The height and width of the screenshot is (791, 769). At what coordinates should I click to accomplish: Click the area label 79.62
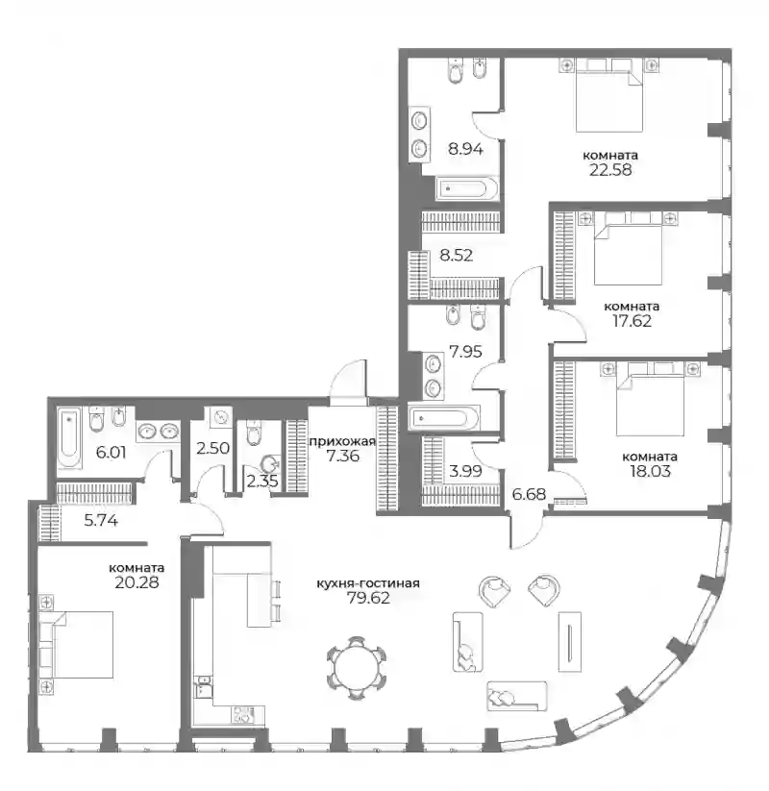pyautogui.click(x=368, y=598)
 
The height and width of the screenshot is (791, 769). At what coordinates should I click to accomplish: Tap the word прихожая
pyautogui.click(x=342, y=442)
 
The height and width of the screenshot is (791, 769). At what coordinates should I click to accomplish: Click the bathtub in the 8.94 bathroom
pyautogui.click(x=467, y=189)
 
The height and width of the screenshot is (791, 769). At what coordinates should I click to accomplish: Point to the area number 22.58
pyautogui.click(x=610, y=169)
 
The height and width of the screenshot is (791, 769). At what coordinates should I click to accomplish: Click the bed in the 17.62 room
pyautogui.click(x=628, y=255)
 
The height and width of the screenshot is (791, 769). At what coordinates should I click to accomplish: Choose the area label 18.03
pyautogui.click(x=650, y=471)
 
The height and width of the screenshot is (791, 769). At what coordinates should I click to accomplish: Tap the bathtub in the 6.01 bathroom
pyautogui.click(x=68, y=438)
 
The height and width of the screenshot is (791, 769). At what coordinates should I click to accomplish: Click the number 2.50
pyautogui.click(x=213, y=448)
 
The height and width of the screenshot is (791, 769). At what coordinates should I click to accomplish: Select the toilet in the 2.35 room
pyautogui.click(x=254, y=433)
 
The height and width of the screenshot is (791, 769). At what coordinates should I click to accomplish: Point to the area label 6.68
pyautogui.click(x=529, y=494)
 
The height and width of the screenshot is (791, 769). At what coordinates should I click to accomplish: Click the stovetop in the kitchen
pyautogui.click(x=243, y=715)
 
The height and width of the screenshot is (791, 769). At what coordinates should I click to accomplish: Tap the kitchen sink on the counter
pyautogui.click(x=204, y=686)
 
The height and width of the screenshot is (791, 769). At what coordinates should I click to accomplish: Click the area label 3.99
pyautogui.click(x=465, y=471)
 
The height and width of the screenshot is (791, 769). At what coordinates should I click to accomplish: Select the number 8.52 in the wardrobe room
pyautogui.click(x=457, y=256)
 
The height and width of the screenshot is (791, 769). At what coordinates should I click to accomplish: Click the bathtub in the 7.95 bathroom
pyautogui.click(x=443, y=418)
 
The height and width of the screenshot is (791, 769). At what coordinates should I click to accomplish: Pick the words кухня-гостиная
pyautogui.click(x=368, y=583)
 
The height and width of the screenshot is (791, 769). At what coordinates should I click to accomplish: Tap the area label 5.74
pyautogui.click(x=101, y=520)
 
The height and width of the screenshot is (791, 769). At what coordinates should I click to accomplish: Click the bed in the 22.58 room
pyautogui.click(x=609, y=101)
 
